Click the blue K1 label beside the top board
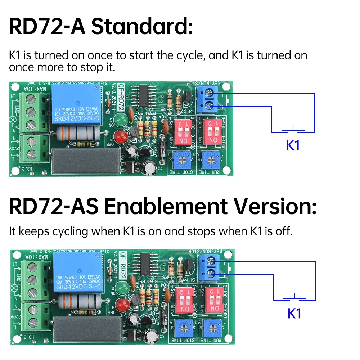point(293,145)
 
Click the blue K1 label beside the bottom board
point(294,314)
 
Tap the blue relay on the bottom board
point(78,273)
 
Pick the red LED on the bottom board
point(122,304)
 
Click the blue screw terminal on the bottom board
point(208,267)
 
